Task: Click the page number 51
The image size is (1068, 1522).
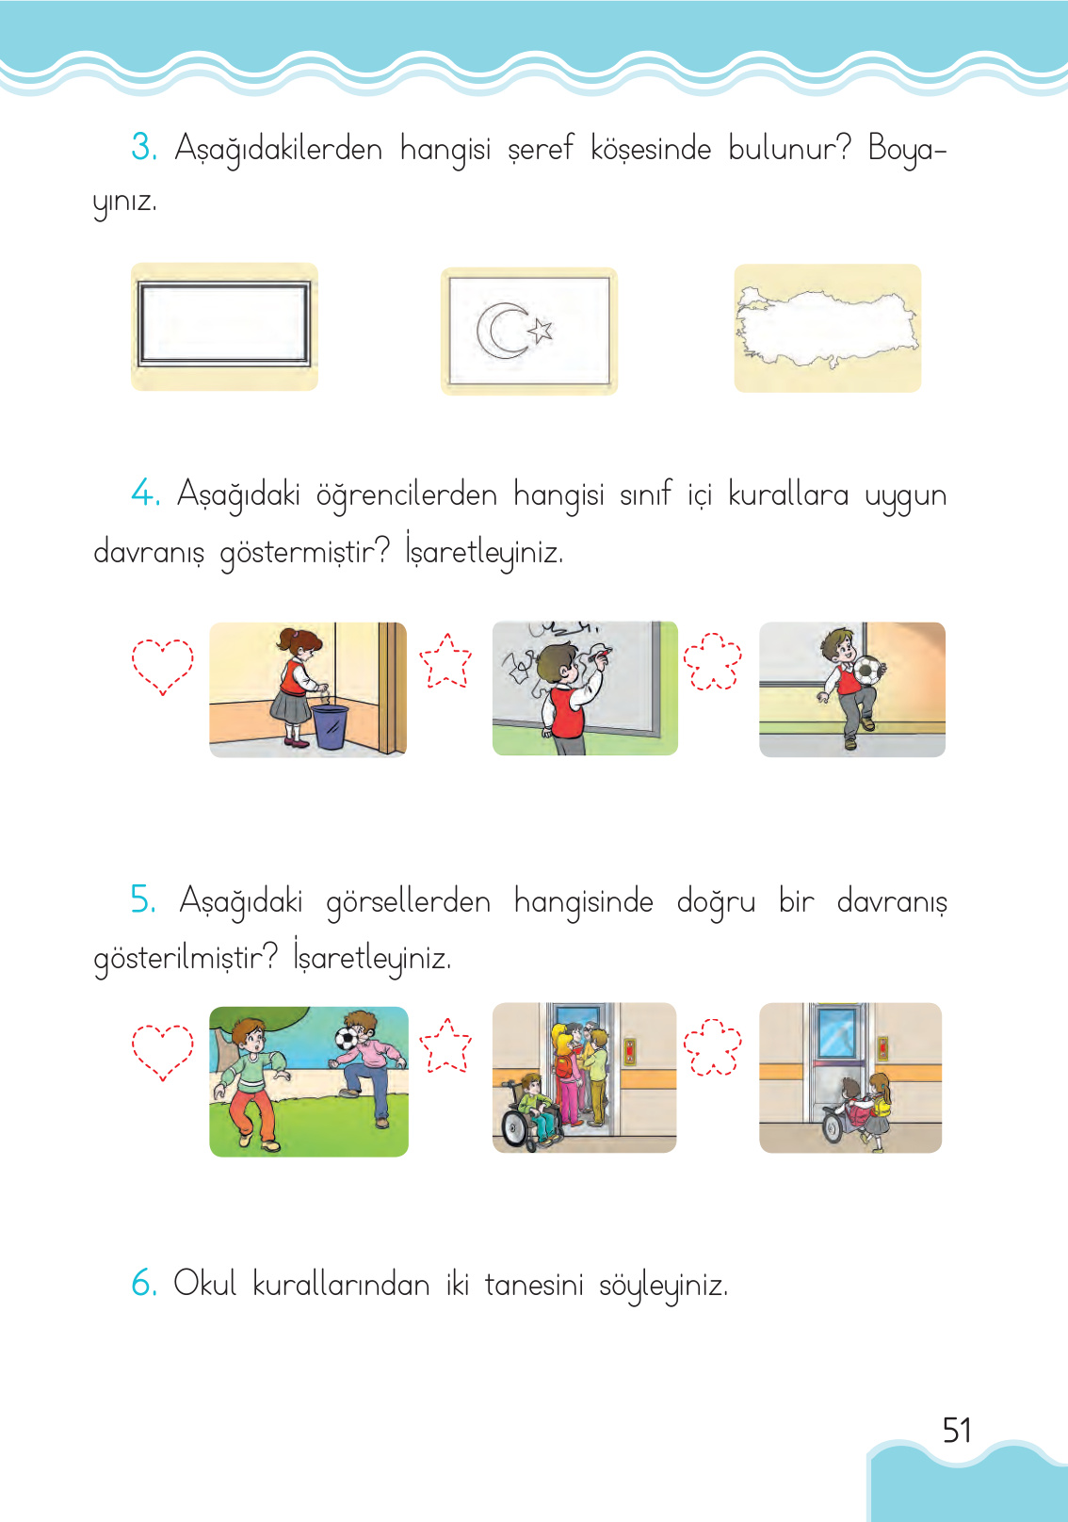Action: (x=957, y=1431)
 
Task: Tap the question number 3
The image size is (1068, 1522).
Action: (x=143, y=147)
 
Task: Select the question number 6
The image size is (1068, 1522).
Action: (x=143, y=1283)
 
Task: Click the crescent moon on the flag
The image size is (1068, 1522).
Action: (x=503, y=331)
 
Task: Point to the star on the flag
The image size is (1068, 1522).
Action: (x=541, y=330)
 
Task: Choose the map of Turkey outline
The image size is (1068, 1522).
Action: (x=827, y=328)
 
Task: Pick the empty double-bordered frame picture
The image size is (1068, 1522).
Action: (x=224, y=326)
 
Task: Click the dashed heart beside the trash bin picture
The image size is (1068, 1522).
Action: (x=162, y=665)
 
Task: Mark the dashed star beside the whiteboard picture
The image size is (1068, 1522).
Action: (x=445, y=661)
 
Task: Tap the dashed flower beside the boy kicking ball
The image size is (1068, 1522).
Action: (x=712, y=661)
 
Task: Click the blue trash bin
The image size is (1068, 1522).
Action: (x=330, y=726)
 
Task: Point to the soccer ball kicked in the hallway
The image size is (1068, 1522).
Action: (x=868, y=670)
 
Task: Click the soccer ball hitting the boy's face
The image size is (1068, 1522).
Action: (x=347, y=1039)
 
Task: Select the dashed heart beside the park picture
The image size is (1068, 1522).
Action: (x=162, y=1051)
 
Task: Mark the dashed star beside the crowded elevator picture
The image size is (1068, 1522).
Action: (x=445, y=1046)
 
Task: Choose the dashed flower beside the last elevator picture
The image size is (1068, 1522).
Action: (x=712, y=1046)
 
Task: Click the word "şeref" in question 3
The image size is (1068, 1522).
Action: (x=540, y=149)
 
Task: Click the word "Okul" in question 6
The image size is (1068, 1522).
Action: (x=204, y=1283)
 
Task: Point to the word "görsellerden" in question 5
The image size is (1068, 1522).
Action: (x=408, y=902)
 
